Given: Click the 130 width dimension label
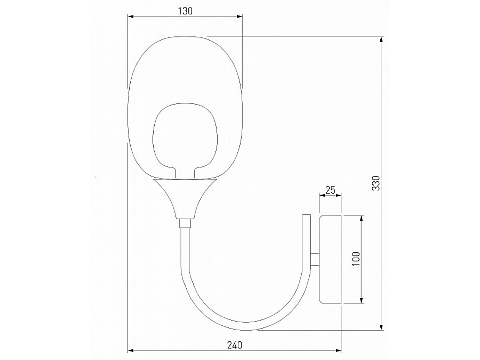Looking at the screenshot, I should point(185,11).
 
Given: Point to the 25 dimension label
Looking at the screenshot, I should point(330,189).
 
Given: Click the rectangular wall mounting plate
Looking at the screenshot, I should point(330,259).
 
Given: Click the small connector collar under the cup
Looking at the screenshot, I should point(185,223).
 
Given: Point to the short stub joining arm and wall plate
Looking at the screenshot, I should point(315,259).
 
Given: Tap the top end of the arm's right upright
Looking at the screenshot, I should point(306,217).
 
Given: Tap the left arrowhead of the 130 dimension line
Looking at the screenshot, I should point(130,17).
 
